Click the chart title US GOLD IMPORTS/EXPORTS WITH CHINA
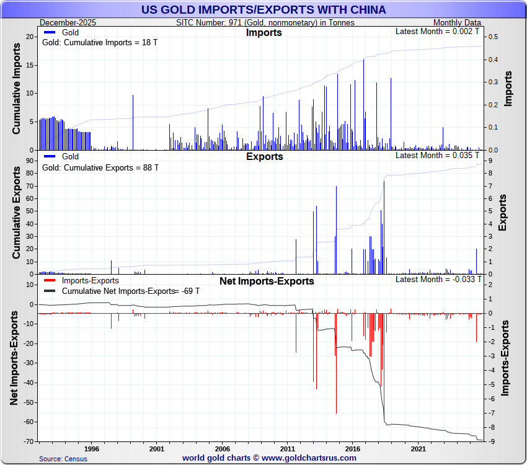[263, 10]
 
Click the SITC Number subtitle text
[265, 22]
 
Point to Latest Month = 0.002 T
[437, 31]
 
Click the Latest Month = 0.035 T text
[437, 155]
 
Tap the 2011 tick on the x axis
[288, 448]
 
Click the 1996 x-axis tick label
[91, 448]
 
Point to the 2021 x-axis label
[418, 448]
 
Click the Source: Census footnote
[63, 459]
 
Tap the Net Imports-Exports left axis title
[14, 362]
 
